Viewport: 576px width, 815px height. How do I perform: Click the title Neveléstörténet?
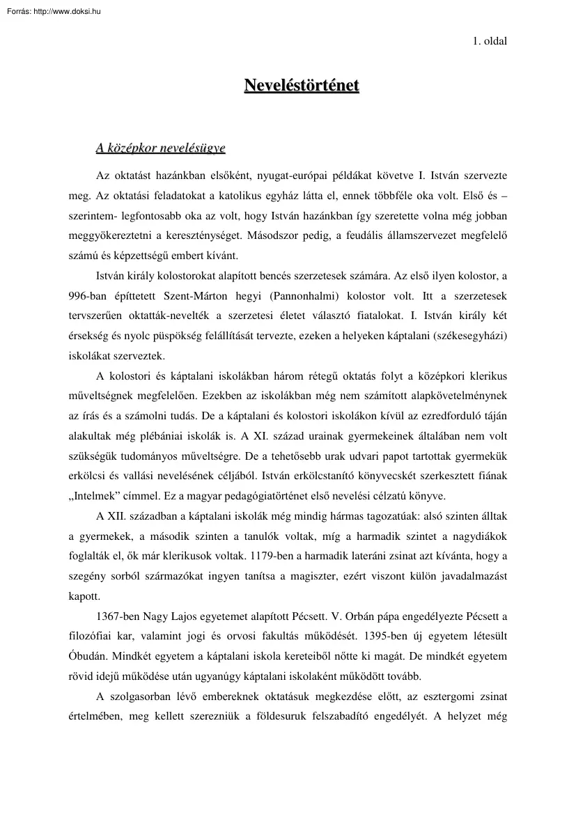302,86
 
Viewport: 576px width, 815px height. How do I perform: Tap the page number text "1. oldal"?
490,40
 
